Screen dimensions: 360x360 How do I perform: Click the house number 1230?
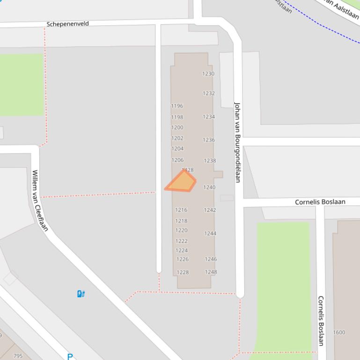click(x=208, y=74)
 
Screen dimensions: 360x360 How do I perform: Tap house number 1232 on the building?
click(x=209, y=94)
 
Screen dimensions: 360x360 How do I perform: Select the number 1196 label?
click(x=177, y=106)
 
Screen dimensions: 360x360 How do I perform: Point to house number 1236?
click(x=209, y=140)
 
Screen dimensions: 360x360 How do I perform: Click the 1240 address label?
click(x=209, y=187)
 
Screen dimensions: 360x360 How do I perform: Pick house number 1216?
click(x=181, y=210)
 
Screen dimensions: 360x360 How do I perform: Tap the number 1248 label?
click(x=211, y=272)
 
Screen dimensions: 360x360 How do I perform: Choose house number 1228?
click(x=183, y=273)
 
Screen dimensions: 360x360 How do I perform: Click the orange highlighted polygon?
click(x=181, y=182)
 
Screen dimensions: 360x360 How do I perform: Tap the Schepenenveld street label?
click(x=68, y=24)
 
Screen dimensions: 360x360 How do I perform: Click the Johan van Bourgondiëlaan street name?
click(x=237, y=142)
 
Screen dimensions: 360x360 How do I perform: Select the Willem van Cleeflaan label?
click(x=40, y=200)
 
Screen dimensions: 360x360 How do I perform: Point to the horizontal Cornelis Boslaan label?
click(x=320, y=202)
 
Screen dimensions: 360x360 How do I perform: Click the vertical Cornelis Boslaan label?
click(x=321, y=320)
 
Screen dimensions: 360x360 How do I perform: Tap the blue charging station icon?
click(x=81, y=294)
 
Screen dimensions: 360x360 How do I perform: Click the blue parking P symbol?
click(x=70, y=357)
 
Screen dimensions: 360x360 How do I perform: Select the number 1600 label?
click(x=339, y=332)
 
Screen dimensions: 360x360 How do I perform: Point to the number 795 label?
click(x=18, y=356)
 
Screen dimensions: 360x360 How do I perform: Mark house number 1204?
click(x=177, y=149)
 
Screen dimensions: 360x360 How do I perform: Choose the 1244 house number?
click(x=210, y=233)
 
